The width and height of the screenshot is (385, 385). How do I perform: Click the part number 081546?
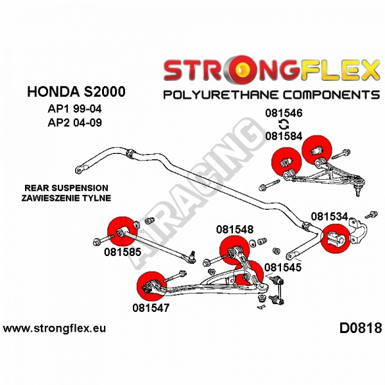[x=284, y=114]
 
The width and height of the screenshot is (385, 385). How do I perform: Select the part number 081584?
[x=284, y=136]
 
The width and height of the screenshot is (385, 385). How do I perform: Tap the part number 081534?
[x=329, y=216]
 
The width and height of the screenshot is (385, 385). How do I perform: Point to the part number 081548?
[x=234, y=229]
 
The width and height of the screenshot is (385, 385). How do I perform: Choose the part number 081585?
[x=122, y=252]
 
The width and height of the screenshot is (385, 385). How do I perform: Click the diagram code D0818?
[x=360, y=328]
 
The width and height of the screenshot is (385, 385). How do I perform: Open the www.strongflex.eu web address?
[x=55, y=329]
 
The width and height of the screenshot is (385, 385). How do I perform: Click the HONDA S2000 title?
[x=67, y=92]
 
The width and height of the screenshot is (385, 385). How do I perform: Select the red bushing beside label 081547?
[x=151, y=286]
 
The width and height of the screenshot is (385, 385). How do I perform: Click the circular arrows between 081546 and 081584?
[x=283, y=125]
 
